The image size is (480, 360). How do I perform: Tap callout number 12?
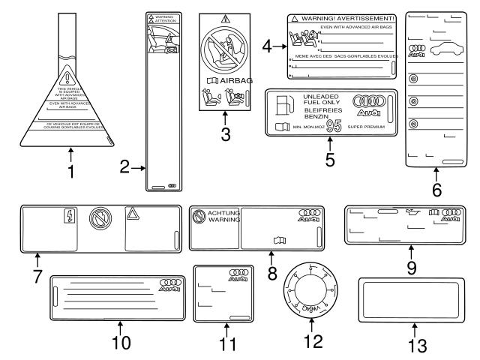pos(312,342)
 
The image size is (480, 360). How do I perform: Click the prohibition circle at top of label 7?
pos(99,218)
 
